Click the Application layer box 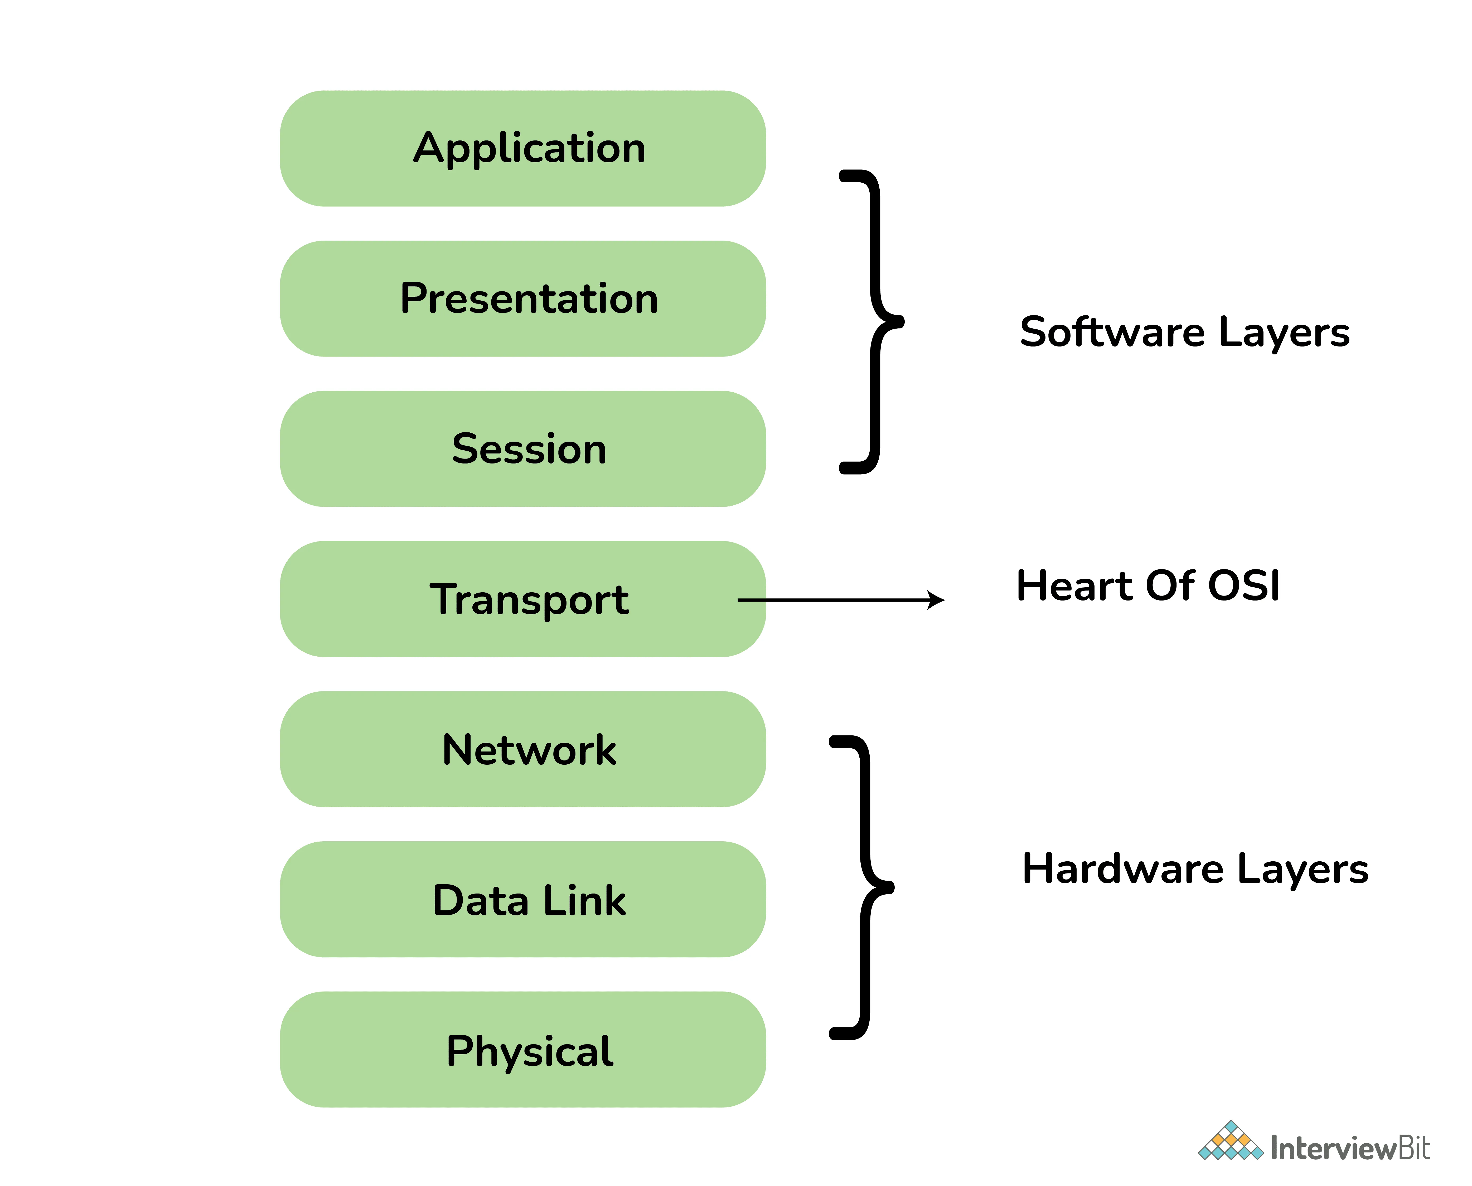coord(523,148)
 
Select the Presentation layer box coord(523,299)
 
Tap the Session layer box coord(523,449)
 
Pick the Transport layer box coord(523,599)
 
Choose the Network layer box coord(523,749)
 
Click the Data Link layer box coord(523,900)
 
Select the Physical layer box coord(523,1050)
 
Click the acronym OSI coord(1244,586)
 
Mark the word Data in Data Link coord(482,900)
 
